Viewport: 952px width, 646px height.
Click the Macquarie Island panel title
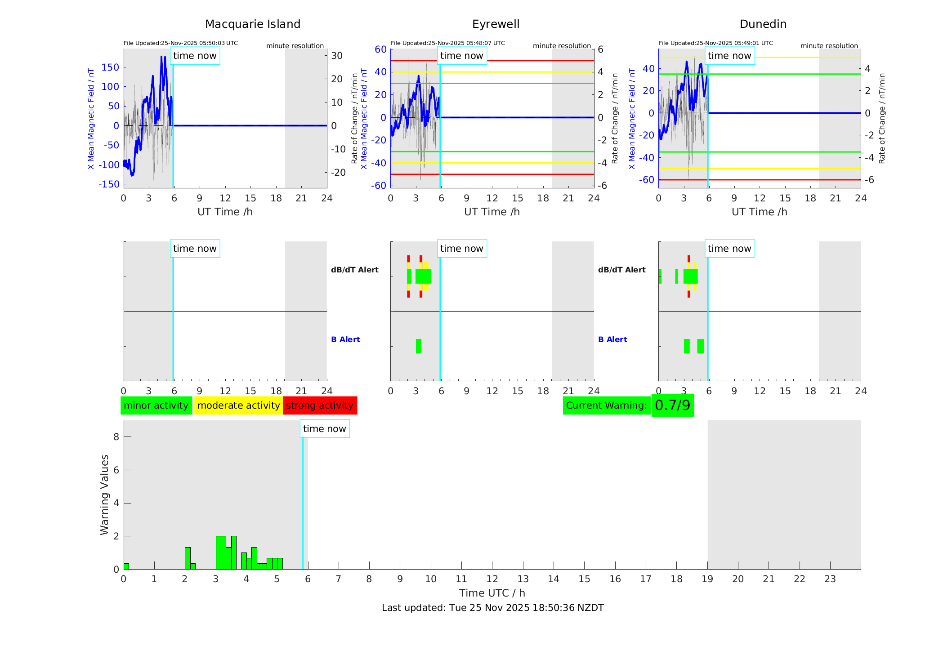252,24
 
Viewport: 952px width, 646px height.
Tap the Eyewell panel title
496,24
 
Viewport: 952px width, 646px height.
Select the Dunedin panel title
763,24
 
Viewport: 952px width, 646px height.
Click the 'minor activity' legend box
156,405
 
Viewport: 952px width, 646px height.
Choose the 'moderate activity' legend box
238,405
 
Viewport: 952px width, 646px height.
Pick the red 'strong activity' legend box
320,405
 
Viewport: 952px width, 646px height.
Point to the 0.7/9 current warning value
672,405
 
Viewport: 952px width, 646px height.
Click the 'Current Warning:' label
606,405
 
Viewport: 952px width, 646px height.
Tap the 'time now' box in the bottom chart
324,429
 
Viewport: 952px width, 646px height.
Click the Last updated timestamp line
492,608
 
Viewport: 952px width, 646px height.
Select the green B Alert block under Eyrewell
419,346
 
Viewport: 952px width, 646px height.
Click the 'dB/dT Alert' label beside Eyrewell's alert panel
354,270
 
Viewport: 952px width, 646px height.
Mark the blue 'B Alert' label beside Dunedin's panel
612,339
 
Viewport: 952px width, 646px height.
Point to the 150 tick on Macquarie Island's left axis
110,67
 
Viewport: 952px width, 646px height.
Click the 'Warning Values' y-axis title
104,495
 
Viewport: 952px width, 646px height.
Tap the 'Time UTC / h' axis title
492,593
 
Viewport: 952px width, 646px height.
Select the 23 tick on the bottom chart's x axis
830,579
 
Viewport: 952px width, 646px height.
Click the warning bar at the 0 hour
126,566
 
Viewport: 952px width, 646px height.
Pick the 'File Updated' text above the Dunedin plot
715,43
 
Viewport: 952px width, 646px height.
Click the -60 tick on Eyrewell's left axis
378,185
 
